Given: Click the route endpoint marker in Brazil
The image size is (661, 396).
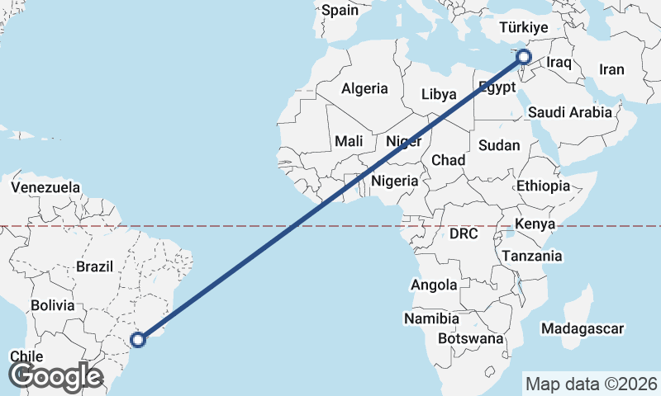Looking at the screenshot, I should tap(139, 337).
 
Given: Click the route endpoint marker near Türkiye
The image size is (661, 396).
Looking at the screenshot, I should tap(524, 56).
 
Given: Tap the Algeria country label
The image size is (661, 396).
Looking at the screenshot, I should tap(364, 88).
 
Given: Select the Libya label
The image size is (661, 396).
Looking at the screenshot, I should tap(438, 94).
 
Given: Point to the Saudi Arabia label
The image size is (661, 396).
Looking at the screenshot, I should tap(570, 112).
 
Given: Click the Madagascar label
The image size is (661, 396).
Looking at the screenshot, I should tap(582, 329).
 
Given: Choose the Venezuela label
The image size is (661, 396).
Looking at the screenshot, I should tap(45, 187).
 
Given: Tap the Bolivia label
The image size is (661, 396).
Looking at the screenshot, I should tap(53, 305).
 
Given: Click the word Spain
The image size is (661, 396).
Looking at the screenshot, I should tap(340, 11).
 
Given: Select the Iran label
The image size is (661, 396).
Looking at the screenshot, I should tap(611, 69).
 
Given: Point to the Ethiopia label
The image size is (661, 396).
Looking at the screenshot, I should tap(543, 186).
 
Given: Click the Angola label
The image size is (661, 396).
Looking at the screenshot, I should tap(434, 285).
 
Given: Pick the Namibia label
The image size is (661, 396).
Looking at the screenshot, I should tap(431, 318).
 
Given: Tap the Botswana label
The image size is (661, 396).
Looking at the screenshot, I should tap(471, 338).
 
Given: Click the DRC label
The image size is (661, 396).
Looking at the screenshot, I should tap(464, 234).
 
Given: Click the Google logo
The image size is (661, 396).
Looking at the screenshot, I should tap(56, 376).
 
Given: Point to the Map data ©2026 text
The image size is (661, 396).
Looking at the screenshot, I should tap(591, 384).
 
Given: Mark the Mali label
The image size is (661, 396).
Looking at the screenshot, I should tap(349, 141).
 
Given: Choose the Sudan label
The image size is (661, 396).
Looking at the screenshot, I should tap(499, 145).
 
